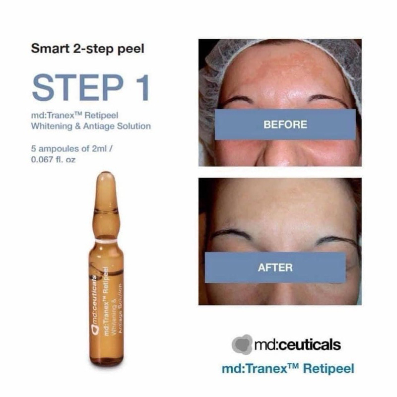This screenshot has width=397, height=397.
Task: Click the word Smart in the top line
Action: pos(45,49)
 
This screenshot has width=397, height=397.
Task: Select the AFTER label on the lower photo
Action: pos(275,267)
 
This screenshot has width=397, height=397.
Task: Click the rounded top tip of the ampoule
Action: pos(105,176)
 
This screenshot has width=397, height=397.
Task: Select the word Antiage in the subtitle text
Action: pos(91,126)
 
